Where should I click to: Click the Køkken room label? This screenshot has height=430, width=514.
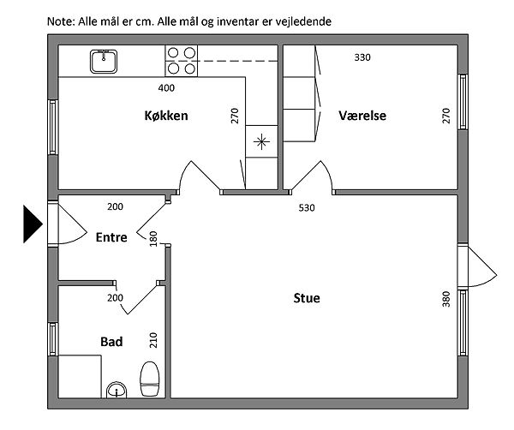pyautogui.click(x=166, y=116)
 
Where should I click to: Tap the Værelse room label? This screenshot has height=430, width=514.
pyautogui.click(x=362, y=116)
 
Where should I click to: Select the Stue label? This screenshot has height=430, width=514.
pyautogui.click(x=307, y=298)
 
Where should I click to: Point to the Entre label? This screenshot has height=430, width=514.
pyautogui.click(x=111, y=237)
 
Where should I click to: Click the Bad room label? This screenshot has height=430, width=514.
pyautogui.click(x=111, y=342)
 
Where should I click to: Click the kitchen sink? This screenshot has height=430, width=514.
pyautogui.click(x=104, y=62)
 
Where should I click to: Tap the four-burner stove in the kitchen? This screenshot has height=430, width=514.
pyautogui.click(x=182, y=61)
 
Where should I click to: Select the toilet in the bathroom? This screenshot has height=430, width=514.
pyautogui.click(x=150, y=379)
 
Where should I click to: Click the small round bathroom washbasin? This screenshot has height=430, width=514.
pyautogui.click(x=117, y=390)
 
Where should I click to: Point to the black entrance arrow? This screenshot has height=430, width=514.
pyautogui.click(x=33, y=224)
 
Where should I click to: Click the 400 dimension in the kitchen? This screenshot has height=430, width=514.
pyautogui.click(x=166, y=88)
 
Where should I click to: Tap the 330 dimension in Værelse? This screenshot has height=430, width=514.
pyautogui.click(x=362, y=57)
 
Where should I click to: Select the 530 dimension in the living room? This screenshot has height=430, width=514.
pyautogui.click(x=307, y=208)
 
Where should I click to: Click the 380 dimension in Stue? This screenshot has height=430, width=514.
pyautogui.click(x=446, y=299)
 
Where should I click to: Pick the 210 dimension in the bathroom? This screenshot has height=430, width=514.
pyautogui.click(x=153, y=340)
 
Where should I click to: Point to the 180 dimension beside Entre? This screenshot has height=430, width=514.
pyautogui.click(x=153, y=239)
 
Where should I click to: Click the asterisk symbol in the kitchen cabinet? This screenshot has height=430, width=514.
pyautogui.click(x=261, y=142)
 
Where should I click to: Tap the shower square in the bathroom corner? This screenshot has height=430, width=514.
pyautogui.click(x=80, y=377)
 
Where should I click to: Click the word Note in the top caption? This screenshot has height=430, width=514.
pyautogui.click(x=61, y=21)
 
